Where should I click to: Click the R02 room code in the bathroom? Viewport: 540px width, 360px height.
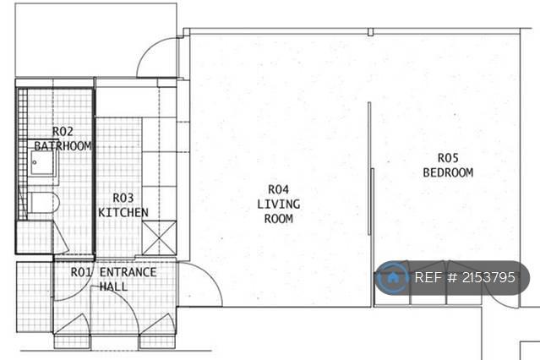click(x=63, y=131)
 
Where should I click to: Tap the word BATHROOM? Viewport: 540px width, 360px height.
click(x=63, y=146)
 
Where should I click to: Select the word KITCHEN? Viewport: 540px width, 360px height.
click(x=123, y=212)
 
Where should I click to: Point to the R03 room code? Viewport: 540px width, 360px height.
click(x=123, y=198)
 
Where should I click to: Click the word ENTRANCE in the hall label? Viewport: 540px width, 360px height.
click(x=128, y=272)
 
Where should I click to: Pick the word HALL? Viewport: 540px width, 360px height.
click(x=113, y=286)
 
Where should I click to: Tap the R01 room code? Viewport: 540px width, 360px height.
click(x=81, y=272)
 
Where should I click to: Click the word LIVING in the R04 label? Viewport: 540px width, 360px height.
click(x=279, y=204)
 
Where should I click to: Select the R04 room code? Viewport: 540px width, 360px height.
click(x=279, y=189)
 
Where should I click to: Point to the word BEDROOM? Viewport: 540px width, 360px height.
click(x=448, y=172)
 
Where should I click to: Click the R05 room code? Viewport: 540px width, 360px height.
click(x=448, y=158)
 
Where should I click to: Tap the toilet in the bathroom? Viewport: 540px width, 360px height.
click(x=44, y=203)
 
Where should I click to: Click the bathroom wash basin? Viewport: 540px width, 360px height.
click(x=43, y=163)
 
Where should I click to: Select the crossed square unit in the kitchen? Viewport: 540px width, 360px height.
click(x=160, y=238)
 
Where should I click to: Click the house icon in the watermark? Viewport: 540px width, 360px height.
click(x=393, y=278)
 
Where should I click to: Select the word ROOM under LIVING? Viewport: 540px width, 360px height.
click(x=279, y=218)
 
